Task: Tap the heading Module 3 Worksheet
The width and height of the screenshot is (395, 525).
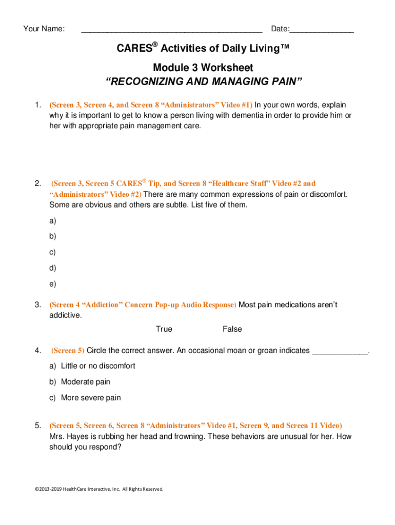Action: pyautogui.click(x=203, y=68)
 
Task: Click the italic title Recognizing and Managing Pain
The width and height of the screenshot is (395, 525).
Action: pyautogui.click(x=204, y=82)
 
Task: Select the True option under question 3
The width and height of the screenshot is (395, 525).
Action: pyautogui.click(x=164, y=329)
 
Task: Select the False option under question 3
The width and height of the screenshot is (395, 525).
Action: pyautogui.click(x=232, y=329)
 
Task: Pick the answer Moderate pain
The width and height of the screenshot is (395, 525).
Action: pyautogui.click(x=85, y=382)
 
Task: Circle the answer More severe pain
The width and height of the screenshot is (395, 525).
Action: pyautogui.click(x=91, y=398)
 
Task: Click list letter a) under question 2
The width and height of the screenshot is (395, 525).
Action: pyautogui.click(x=53, y=221)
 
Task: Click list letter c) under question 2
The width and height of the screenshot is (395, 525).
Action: pyautogui.click(x=53, y=252)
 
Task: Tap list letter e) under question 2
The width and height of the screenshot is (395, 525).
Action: pyautogui.click(x=53, y=284)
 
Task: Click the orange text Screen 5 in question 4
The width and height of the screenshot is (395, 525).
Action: pyautogui.click(x=68, y=351)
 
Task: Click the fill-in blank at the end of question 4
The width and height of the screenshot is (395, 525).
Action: pyautogui.click(x=340, y=351)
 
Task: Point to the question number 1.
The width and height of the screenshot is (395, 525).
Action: pyautogui.click(x=38, y=105)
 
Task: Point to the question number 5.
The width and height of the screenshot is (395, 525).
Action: pyautogui.click(x=38, y=426)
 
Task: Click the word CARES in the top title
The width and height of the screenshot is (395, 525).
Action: pyautogui.click(x=134, y=49)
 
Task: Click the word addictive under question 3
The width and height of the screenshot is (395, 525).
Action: pyautogui.click(x=65, y=315)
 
